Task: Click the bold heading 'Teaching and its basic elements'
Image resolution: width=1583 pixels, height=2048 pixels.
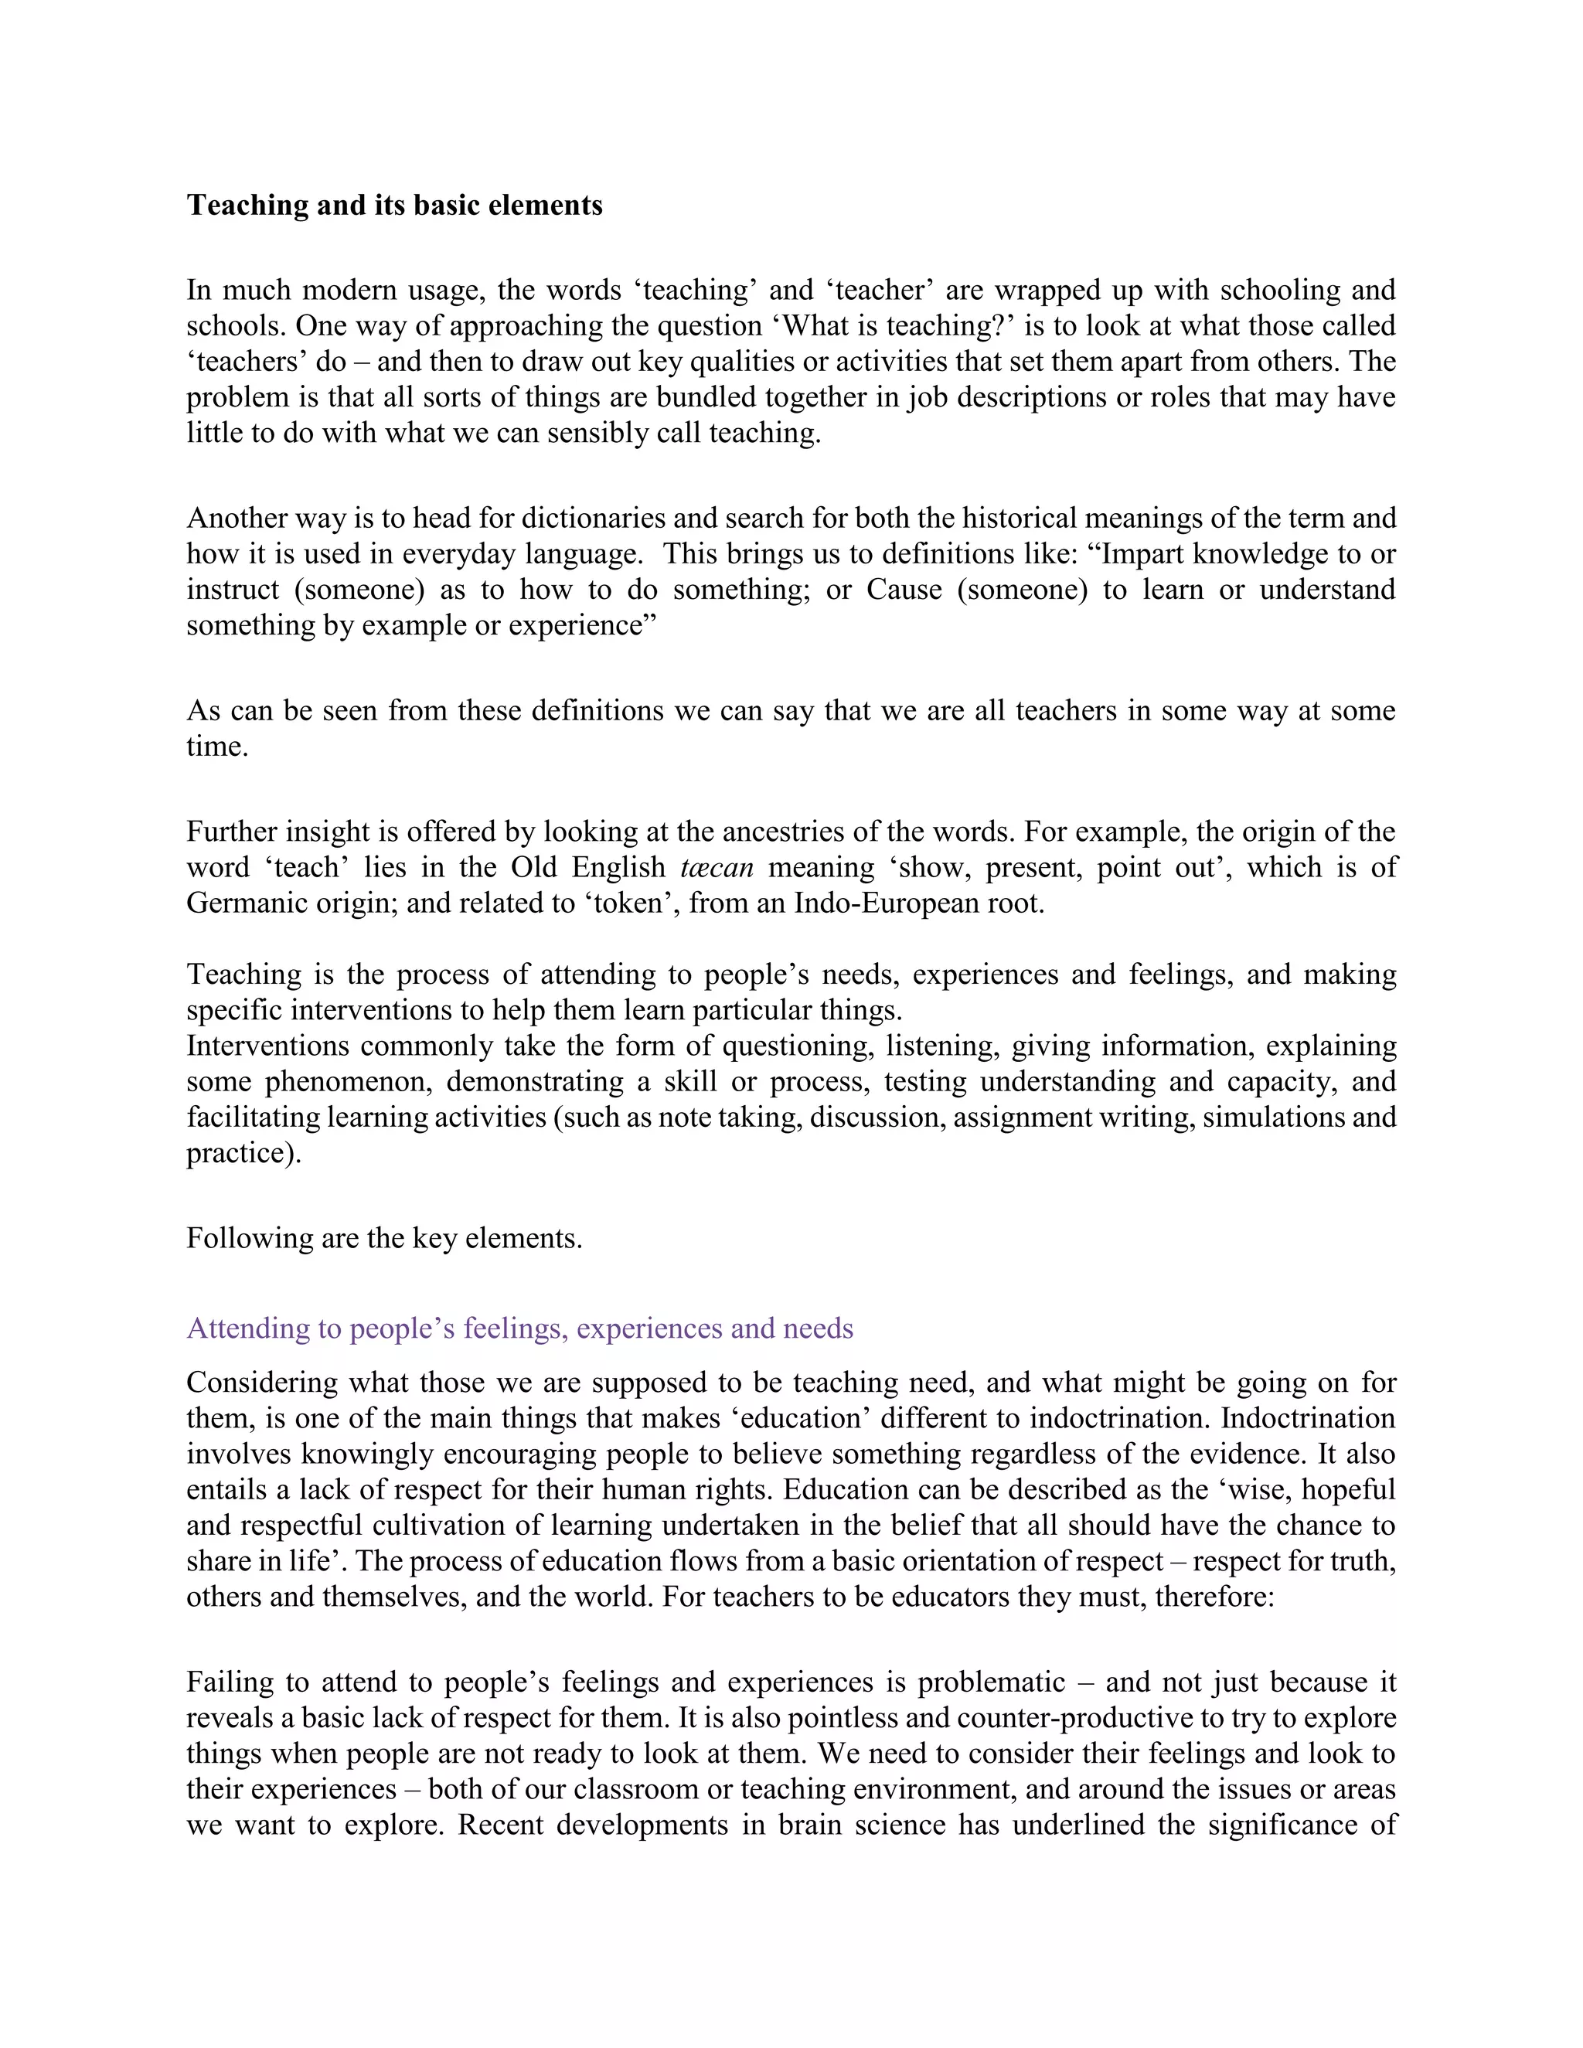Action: click(x=394, y=206)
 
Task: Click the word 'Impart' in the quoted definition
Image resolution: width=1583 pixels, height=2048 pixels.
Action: click(x=1139, y=553)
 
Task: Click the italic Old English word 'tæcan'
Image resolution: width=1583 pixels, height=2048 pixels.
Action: click(x=717, y=867)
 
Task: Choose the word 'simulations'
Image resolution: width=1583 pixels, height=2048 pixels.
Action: click(x=1276, y=1117)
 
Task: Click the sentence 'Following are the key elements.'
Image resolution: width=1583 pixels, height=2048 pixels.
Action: click(x=384, y=1238)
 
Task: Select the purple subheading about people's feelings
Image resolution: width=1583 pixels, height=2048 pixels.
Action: click(x=519, y=1328)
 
